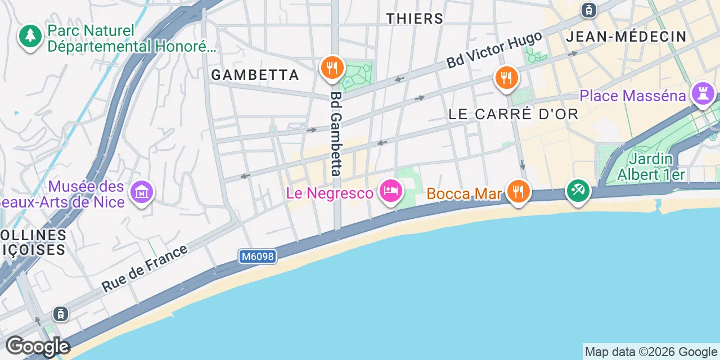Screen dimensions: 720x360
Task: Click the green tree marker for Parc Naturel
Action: click(x=30, y=37)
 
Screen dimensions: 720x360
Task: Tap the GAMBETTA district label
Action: click(x=255, y=75)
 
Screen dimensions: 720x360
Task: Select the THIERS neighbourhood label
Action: click(x=415, y=19)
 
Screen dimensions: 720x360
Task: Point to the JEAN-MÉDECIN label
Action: click(x=626, y=37)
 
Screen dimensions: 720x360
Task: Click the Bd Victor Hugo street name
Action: click(x=494, y=50)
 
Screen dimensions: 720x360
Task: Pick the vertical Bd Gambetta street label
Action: click(x=336, y=134)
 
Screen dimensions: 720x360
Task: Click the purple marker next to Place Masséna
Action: click(x=703, y=93)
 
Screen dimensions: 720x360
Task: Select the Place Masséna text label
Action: click(x=633, y=96)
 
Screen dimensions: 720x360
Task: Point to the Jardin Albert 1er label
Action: click(x=651, y=166)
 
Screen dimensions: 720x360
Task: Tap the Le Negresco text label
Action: click(x=330, y=193)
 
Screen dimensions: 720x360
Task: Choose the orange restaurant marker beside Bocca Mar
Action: click(x=517, y=191)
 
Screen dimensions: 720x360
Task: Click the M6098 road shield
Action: click(x=258, y=256)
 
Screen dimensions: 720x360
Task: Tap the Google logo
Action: click(x=37, y=346)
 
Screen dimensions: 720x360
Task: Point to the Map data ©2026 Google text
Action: click(x=651, y=352)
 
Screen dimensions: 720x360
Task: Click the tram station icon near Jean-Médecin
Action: click(x=589, y=10)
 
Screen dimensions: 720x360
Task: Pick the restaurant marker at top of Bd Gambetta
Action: click(x=332, y=68)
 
